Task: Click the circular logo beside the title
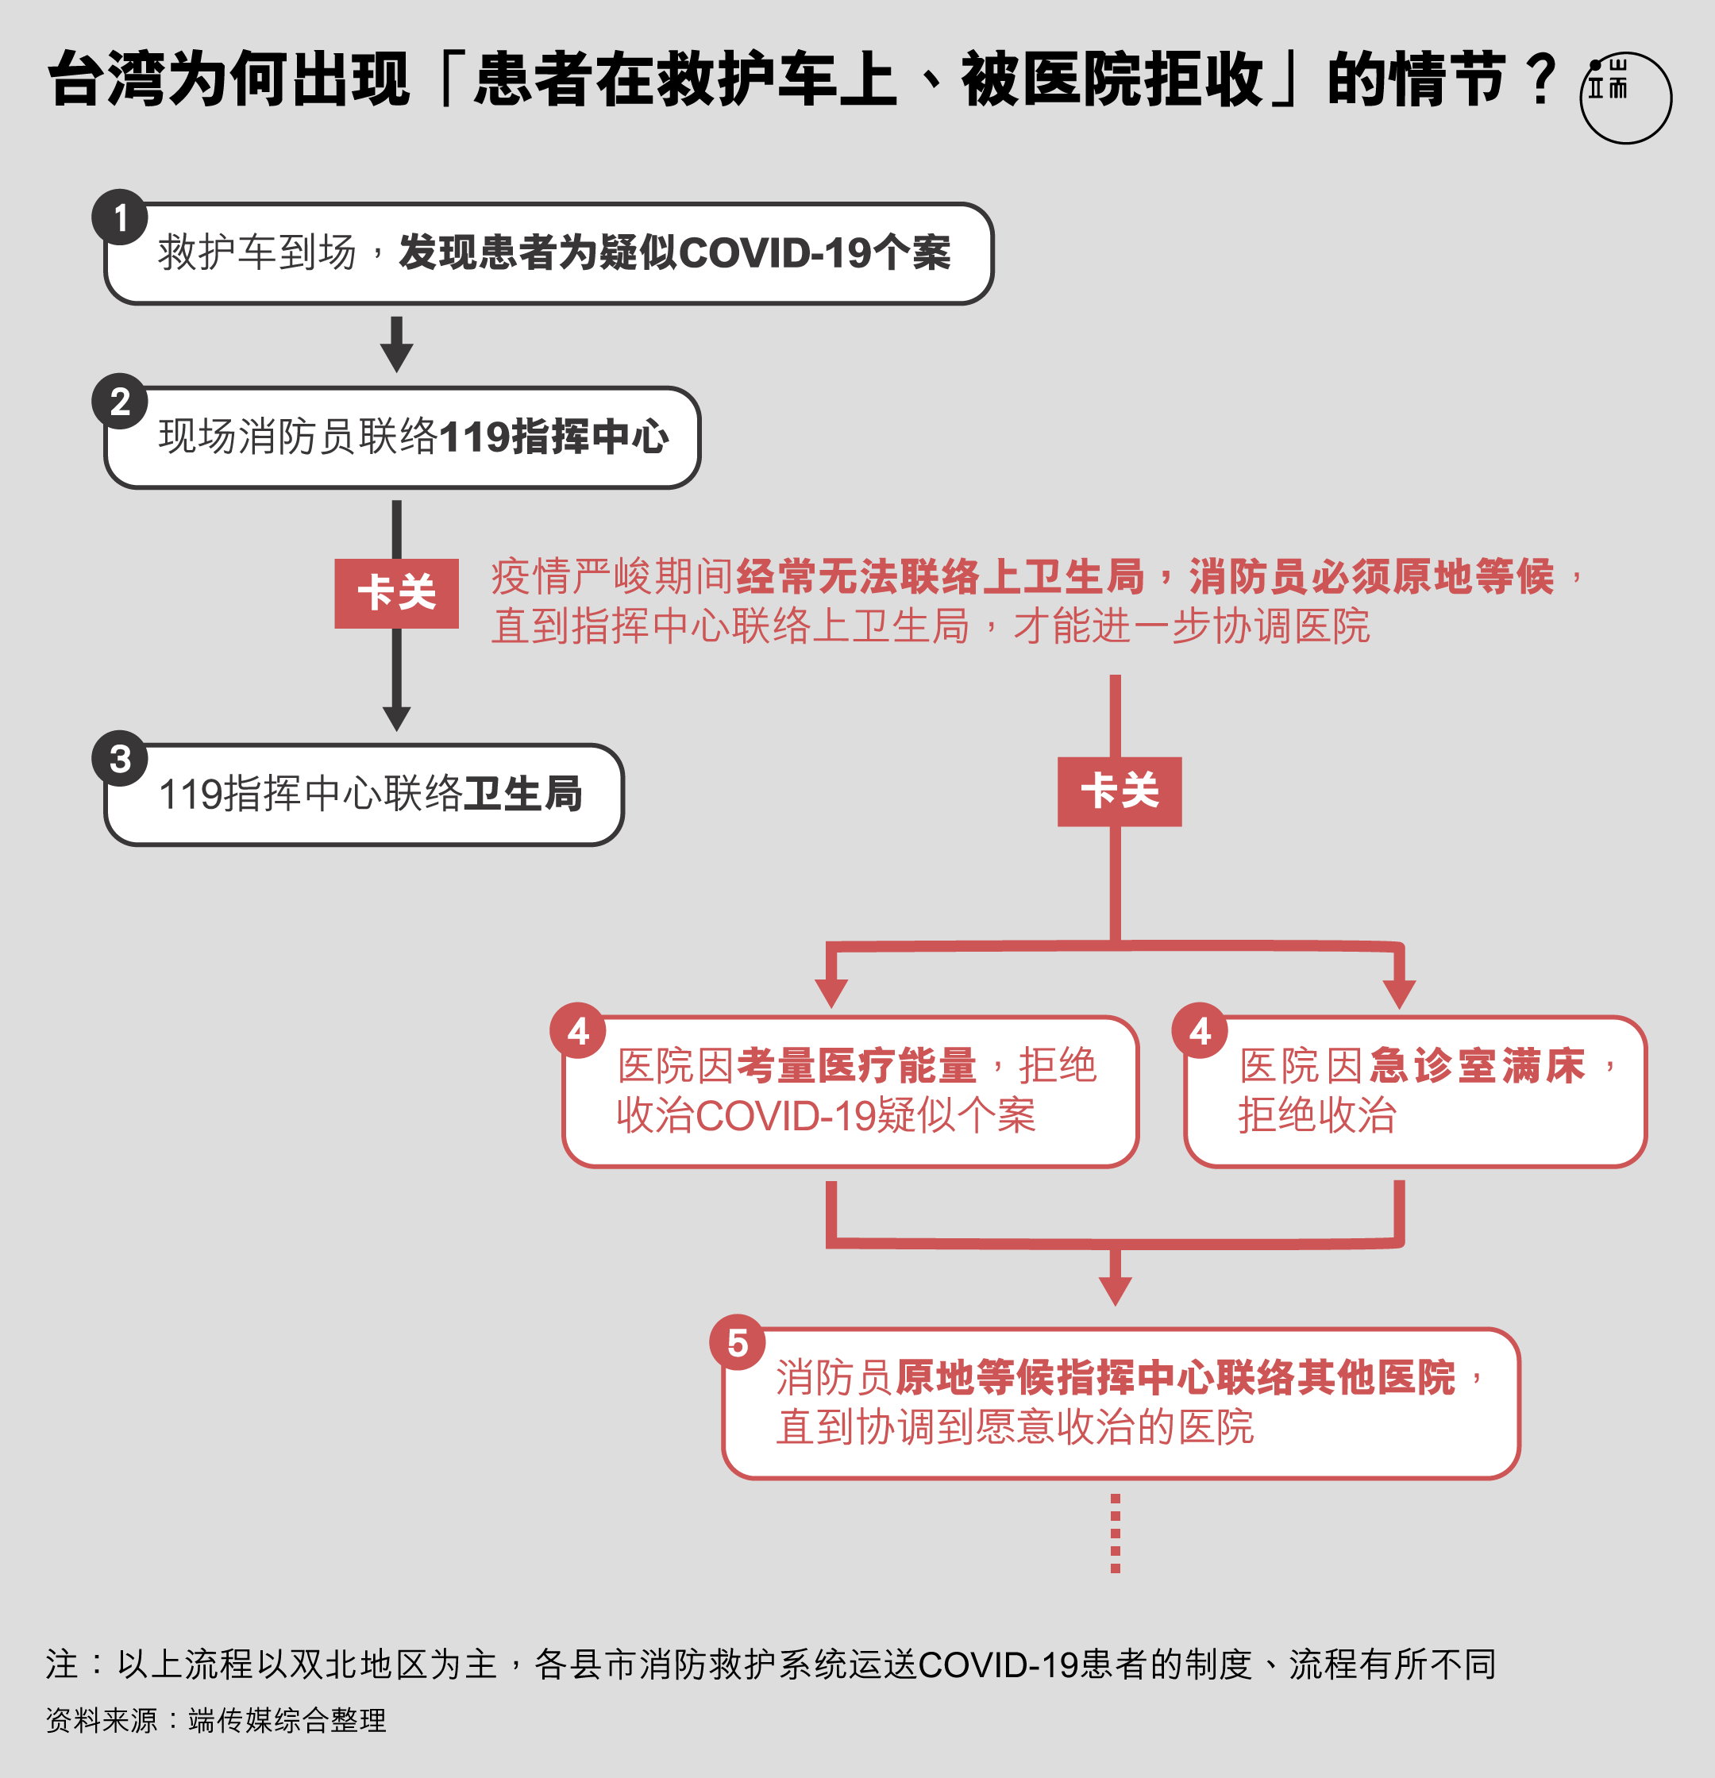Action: click(x=1625, y=98)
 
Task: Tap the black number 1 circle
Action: click(x=120, y=217)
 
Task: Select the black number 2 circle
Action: click(x=120, y=401)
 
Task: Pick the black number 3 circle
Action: click(x=120, y=758)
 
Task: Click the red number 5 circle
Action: click(x=738, y=1341)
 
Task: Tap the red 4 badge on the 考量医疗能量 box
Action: click(x=578, y=1030)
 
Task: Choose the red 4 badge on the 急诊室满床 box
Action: click(x=1200, y=1030)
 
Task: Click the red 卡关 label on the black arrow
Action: click(x=396, y=593)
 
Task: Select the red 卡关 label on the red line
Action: click(x=1120, y=791)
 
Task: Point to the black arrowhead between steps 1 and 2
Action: click(x=396, y=356)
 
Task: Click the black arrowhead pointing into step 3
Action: click(x=396, y=718)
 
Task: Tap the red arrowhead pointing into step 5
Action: click(x=1116, y=1291)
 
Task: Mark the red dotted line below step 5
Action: click(x=1116, y=1533)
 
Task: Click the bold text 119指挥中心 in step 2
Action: click(x=554, y=437)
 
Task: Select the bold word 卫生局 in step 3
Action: click(x=522, y=794)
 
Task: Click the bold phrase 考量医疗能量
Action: click(x=857, y=1065)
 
